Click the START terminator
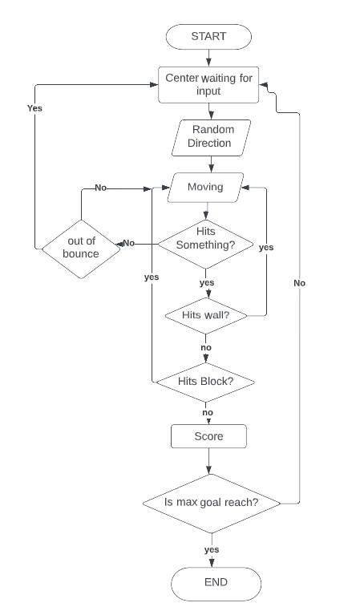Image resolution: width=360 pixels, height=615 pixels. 208,36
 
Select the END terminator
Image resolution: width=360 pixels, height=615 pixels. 216,584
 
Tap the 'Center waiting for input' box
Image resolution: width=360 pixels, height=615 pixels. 208,85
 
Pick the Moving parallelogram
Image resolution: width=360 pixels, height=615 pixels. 205,188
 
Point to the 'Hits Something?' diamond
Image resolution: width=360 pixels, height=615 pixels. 205,244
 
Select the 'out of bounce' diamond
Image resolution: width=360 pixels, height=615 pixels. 81,249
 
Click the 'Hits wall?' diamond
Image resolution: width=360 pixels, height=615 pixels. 206,315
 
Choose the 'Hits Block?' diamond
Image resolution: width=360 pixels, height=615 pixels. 205,382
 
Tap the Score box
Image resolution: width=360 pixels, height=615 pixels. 208,436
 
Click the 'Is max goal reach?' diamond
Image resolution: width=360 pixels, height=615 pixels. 212,504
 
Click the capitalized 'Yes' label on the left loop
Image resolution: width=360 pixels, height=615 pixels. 35,108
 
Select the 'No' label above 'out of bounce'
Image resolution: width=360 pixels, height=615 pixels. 101,188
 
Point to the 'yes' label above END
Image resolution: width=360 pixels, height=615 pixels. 212,549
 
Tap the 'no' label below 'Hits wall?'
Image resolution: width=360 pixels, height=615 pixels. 206,347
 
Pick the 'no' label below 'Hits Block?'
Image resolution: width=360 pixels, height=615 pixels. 208,413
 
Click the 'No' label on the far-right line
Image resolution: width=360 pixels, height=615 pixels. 299,283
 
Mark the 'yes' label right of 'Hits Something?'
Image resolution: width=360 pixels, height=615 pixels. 266,248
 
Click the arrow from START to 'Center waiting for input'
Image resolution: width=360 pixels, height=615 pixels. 208,58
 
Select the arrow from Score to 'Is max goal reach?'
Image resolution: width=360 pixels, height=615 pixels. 208,461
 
